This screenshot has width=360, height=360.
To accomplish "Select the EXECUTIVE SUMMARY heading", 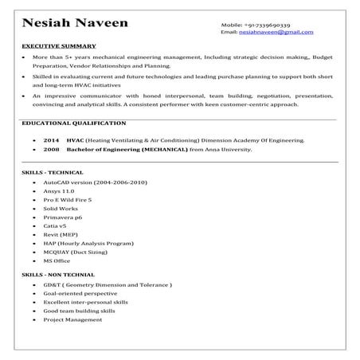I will pos(59,46).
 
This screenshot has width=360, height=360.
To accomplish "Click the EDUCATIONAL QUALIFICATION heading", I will pos(73,123).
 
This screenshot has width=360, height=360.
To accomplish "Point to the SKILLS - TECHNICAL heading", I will pos(53,172).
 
